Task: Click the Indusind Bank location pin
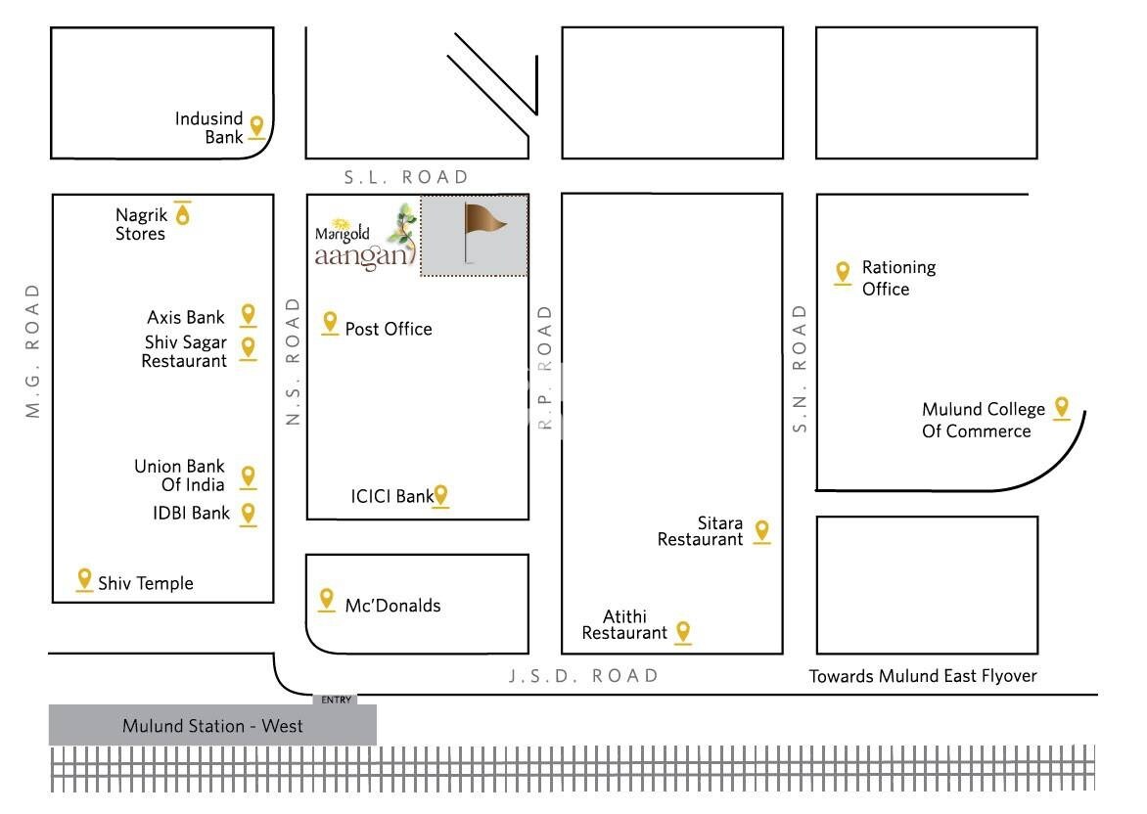point(257,126)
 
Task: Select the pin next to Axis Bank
point(249,314)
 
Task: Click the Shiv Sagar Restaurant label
point(185,351)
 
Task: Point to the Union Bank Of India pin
point(249,476)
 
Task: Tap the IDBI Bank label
point(192,513)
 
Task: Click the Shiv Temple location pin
point(84,579)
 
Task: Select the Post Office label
point(389,329)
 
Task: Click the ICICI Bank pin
point(441,495)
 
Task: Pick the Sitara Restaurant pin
point(762,530)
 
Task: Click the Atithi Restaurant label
point(623,624)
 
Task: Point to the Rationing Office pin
point(843,273)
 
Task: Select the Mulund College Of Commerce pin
point(1061,408)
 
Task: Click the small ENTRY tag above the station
point(336,700)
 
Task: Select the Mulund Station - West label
point(212,726)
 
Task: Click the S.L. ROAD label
point(407,177)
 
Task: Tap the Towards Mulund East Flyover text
point(923,676)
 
